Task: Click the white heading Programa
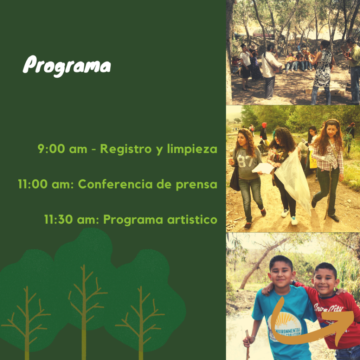point(67,66)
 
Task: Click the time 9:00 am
point(63,149)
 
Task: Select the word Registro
point(126,149)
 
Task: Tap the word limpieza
point(192,149)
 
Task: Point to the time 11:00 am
point(46,184)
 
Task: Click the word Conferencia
point(115,184)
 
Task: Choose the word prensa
point(197,185)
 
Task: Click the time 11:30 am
point(72,219)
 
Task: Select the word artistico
point(192,219)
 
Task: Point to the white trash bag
point(293,179)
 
